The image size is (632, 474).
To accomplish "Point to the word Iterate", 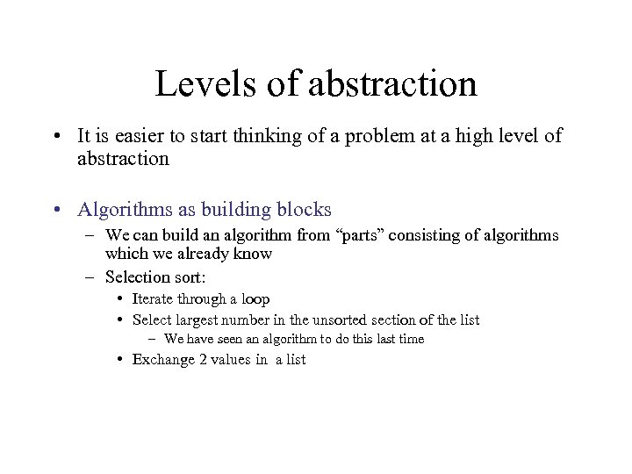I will click(154, 299).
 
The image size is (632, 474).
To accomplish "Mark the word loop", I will click(255, 299).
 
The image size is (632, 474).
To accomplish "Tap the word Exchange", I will click(162, 360).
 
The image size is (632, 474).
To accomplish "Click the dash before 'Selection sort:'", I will click(90, 277).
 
